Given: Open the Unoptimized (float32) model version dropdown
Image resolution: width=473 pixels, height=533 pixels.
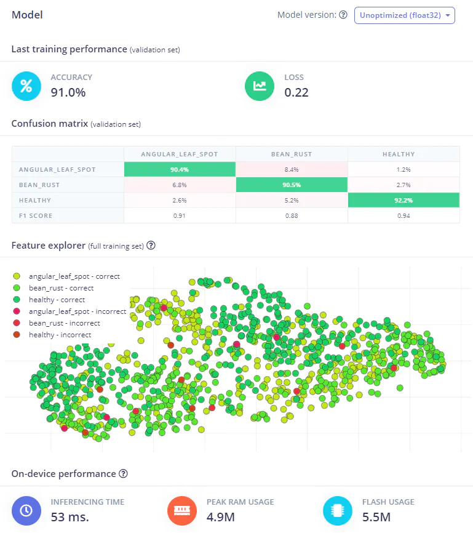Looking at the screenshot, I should [x=404, y=15].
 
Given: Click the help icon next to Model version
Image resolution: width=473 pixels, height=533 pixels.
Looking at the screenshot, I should [x=343, y=15].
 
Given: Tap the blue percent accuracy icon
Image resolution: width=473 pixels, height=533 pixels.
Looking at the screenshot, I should [x=26, y=86].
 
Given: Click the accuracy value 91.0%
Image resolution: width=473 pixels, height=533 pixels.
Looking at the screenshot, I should [x=68, y=93].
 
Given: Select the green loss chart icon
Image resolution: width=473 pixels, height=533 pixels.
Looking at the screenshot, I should [x=260, y=86].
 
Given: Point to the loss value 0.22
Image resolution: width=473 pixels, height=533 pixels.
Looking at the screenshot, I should [x=296, y=93].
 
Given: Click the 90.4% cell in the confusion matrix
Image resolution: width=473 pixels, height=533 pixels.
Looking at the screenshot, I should [x=180, y=169].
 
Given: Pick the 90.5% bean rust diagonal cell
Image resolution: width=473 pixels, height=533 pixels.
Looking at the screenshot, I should [x=292, y=185].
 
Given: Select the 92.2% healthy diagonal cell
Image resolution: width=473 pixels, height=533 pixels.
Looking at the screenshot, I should [x=403, y=200].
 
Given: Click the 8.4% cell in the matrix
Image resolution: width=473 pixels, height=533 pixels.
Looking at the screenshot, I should [x=292, y=169].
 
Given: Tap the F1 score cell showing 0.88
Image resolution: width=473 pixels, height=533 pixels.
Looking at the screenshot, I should [x=292, y=215].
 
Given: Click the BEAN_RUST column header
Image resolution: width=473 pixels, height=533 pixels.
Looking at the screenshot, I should [x=292, y=154].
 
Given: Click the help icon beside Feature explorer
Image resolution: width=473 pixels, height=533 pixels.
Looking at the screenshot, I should [x=151, y=245].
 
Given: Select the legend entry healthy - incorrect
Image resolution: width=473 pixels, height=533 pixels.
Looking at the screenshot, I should [x=60, y=335].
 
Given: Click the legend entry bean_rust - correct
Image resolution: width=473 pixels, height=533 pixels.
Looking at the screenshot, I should [x=61, y=288].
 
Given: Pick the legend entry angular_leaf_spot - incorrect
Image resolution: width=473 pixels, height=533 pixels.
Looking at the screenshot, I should [x=77, y=311].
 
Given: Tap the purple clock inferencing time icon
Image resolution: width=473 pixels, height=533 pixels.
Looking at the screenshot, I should [x=26, y=510].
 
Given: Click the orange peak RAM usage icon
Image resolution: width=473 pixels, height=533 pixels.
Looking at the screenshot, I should [x=182, y=510].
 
